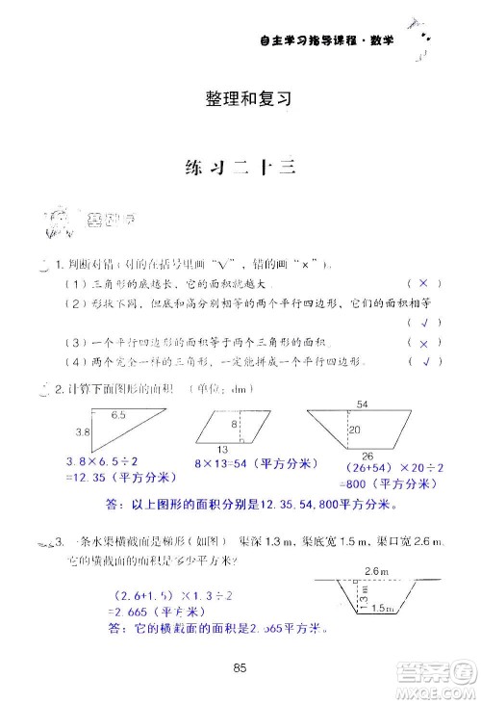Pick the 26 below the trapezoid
pyautogui.click(x=367, y=456)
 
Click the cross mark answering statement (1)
pyautogui.click(x=423, y=284)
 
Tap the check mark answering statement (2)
pyautogui.click(x=423, y=323)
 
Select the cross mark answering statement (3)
pyautogui.click(x=423, y=343)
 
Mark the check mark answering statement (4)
pyautogui.click(x=423, y=362)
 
